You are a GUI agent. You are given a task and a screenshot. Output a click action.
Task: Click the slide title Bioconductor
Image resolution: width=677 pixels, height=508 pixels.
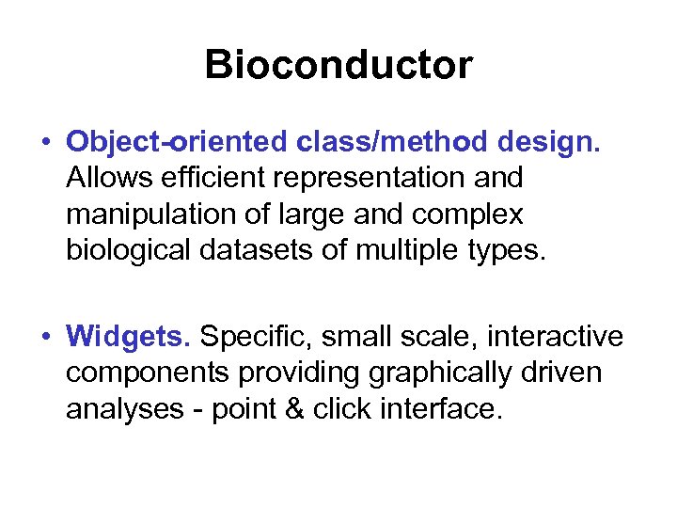(338, 65)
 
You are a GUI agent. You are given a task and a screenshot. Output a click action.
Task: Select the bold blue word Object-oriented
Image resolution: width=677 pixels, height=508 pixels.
(177, 142)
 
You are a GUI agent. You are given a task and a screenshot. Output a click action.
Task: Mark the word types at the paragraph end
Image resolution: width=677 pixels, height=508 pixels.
(511, 251)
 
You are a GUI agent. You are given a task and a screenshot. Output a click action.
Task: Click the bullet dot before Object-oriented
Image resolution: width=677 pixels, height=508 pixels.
(45, 143)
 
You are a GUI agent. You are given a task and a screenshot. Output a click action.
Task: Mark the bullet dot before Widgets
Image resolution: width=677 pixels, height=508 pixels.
(45, 337)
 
